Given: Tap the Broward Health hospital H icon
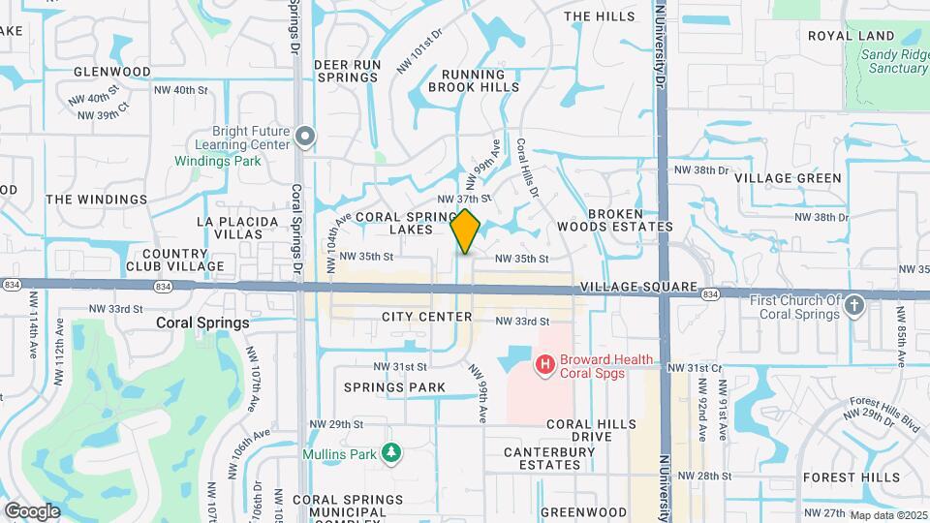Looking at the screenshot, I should point(545,365).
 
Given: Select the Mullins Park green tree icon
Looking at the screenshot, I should point(391,452).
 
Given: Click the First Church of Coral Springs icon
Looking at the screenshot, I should point(853,306).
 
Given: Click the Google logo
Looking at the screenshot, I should point(32,510).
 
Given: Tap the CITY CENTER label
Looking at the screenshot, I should point(426,317).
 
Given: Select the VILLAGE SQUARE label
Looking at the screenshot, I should point(639,288).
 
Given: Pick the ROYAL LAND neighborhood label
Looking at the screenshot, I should point(850,36).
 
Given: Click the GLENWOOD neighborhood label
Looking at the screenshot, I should point(112,72).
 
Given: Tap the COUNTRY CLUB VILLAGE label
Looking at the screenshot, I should point(175,259).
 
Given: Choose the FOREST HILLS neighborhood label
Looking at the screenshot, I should point(852,477).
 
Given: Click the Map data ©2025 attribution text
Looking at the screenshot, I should point(887,514).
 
